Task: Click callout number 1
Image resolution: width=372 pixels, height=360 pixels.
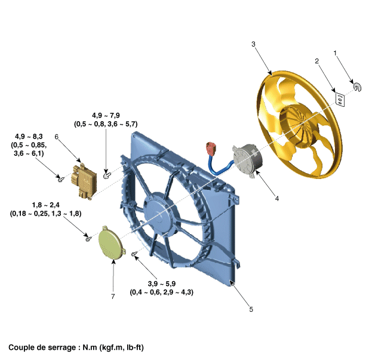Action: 335,54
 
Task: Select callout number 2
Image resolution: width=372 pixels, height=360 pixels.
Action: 317,61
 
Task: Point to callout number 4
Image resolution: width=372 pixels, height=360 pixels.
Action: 276,198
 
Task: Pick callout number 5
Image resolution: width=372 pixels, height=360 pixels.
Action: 251,309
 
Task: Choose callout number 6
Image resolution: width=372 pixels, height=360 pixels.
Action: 56,137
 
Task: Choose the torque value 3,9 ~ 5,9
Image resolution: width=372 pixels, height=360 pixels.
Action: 162,284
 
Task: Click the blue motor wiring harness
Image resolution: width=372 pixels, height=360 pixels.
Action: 218,164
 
